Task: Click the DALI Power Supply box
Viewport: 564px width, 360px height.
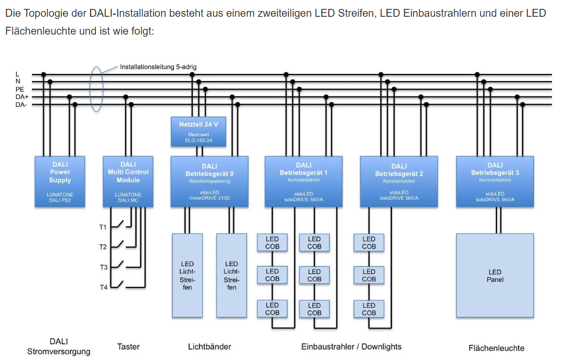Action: click(x=60, y=181)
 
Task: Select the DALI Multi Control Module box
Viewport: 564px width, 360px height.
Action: click(x=128, y=181)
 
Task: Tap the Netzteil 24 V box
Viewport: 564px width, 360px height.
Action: click(x=198, y=131)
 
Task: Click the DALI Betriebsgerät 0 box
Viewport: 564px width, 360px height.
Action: click(x=209, y=181)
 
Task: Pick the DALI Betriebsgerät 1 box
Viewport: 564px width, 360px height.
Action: click(x=303, y=181)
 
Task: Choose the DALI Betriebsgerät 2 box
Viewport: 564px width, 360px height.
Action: click(x=399, y=181)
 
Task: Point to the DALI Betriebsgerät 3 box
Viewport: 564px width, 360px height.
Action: click(x=494, y=181)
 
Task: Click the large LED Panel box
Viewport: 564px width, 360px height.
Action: click(x=494, y=276)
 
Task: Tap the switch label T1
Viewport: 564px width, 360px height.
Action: click(x=103, y=227)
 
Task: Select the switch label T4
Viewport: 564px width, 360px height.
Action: click(x=103, y=287)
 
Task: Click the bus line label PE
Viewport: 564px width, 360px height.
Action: click(x=20, y=90)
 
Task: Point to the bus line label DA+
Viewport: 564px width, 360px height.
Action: click(x=21, y=97)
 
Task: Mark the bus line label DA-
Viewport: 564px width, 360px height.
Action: click(x=21, y=105)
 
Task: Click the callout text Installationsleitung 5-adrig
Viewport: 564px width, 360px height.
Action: click(x=158, y=67)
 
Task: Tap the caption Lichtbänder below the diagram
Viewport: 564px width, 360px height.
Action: click(x=209, y=346)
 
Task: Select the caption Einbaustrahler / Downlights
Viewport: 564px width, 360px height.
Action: click(x=351, y=346)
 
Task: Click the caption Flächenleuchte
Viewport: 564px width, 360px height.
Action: click(x=496, y=348)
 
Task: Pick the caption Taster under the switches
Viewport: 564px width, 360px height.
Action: click(x=128, y=346)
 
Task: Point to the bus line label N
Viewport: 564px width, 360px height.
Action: click(x=18, y=82)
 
